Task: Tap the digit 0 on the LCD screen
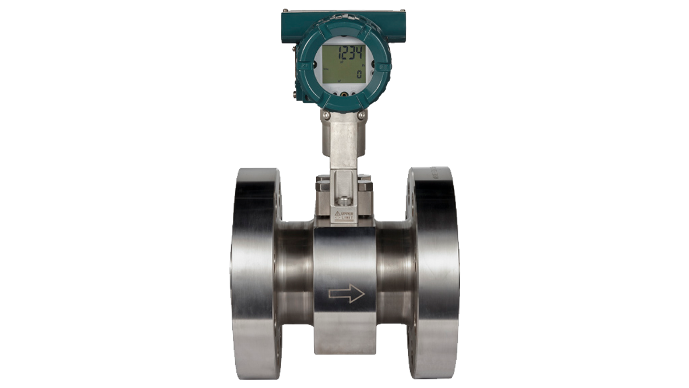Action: [359, 74]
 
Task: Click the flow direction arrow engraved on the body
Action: [346, 294]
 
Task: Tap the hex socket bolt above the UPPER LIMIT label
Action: [343, 201]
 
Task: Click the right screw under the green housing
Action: [361, 115]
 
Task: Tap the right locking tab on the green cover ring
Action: [384, 66]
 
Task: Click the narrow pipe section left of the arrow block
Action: [295, 278]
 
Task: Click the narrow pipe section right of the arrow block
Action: [393, 278]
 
